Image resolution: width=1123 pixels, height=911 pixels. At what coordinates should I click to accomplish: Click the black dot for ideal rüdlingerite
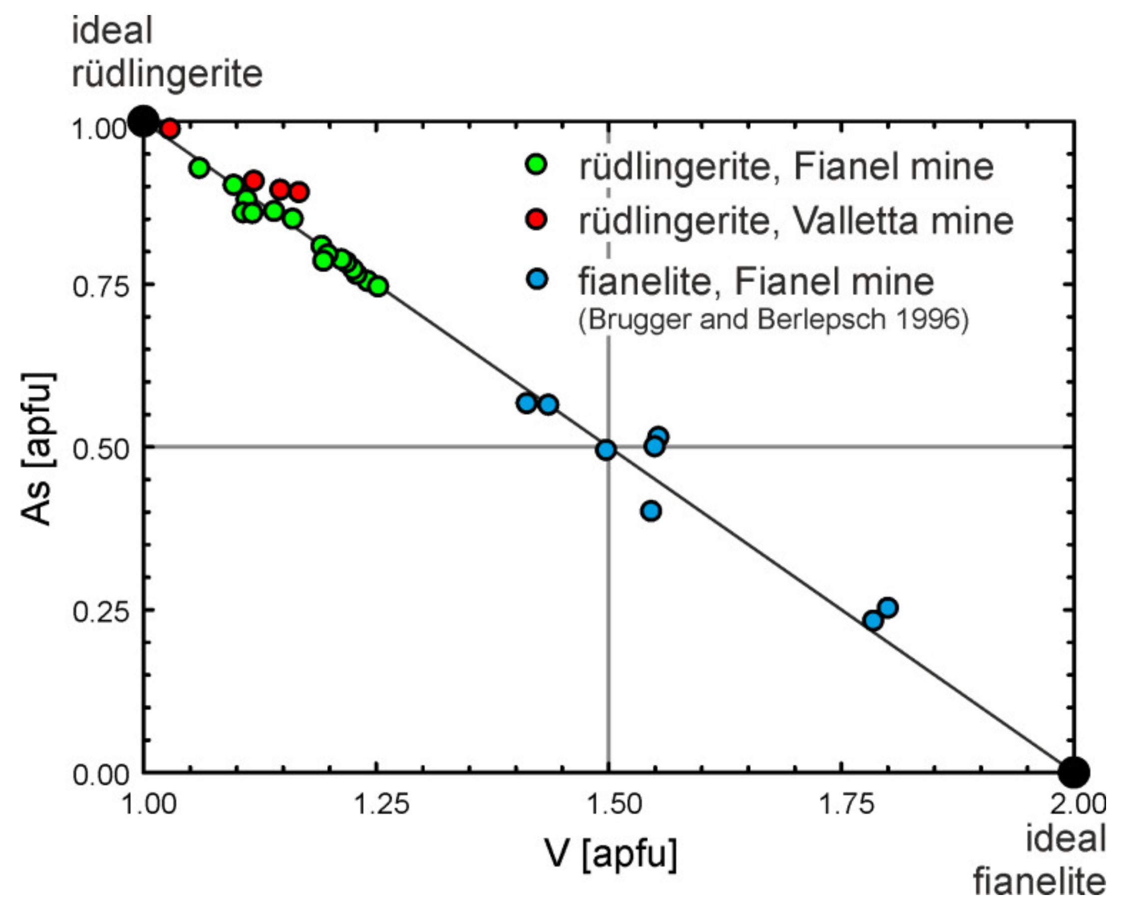pyautogui.click(x=144, y=121)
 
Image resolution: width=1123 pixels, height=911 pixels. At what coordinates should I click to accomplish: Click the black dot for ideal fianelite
pyautogui.click(x=1074, y=772)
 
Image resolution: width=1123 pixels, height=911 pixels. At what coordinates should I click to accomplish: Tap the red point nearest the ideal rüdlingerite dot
pyautogui.click(x=170, y=128)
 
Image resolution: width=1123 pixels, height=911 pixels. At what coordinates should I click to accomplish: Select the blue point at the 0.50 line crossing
pyautogui.click(x=606, y=450)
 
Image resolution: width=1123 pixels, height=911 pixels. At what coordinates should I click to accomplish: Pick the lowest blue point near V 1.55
pyautogui.click(x=651, y=510)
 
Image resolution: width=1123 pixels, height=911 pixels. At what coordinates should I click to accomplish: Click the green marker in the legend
pyautogui.click(x=536, y=164)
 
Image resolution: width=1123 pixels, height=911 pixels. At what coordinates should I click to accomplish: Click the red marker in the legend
pyautogui.click(x=536, y=219)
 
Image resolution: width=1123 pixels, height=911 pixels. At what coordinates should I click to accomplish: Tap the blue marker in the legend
pyautogui.click(x=536, y=280)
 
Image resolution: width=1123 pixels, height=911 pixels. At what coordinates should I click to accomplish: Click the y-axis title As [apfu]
pyautogui.click(x=38, y=449)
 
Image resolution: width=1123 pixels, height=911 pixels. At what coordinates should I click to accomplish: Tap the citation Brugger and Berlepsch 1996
pyautogui.click(x=773, y=319)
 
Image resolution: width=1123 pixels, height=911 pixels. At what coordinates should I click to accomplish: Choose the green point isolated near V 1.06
pyautogui.click(x=199, y=168)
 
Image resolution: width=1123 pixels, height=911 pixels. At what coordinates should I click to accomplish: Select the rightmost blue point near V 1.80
pyautogui.click(x=887, y=608)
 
